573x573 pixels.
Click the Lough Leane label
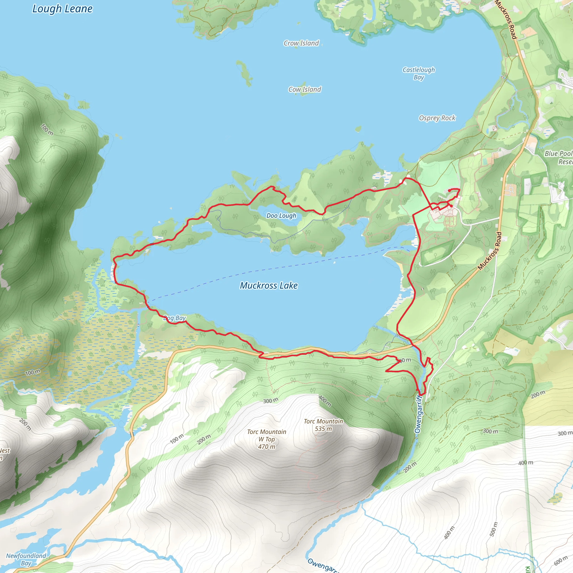point(62,9)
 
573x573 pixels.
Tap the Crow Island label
point(301,43)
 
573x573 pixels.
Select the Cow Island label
point(305,90)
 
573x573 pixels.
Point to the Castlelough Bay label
point(419,73)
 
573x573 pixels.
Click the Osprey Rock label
point(437,118)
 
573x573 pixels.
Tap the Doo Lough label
point(281,216)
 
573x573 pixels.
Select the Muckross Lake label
point(269,286)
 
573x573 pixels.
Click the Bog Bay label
point(175,318)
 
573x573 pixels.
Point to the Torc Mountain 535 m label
point(323,425)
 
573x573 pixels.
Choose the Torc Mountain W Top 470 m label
point(267,439)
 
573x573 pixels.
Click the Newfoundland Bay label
point(26,559)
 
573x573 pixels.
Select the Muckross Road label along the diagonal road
point(490,251)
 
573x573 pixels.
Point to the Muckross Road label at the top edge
point(506,20)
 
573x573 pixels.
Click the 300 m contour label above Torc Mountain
point(271,401)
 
